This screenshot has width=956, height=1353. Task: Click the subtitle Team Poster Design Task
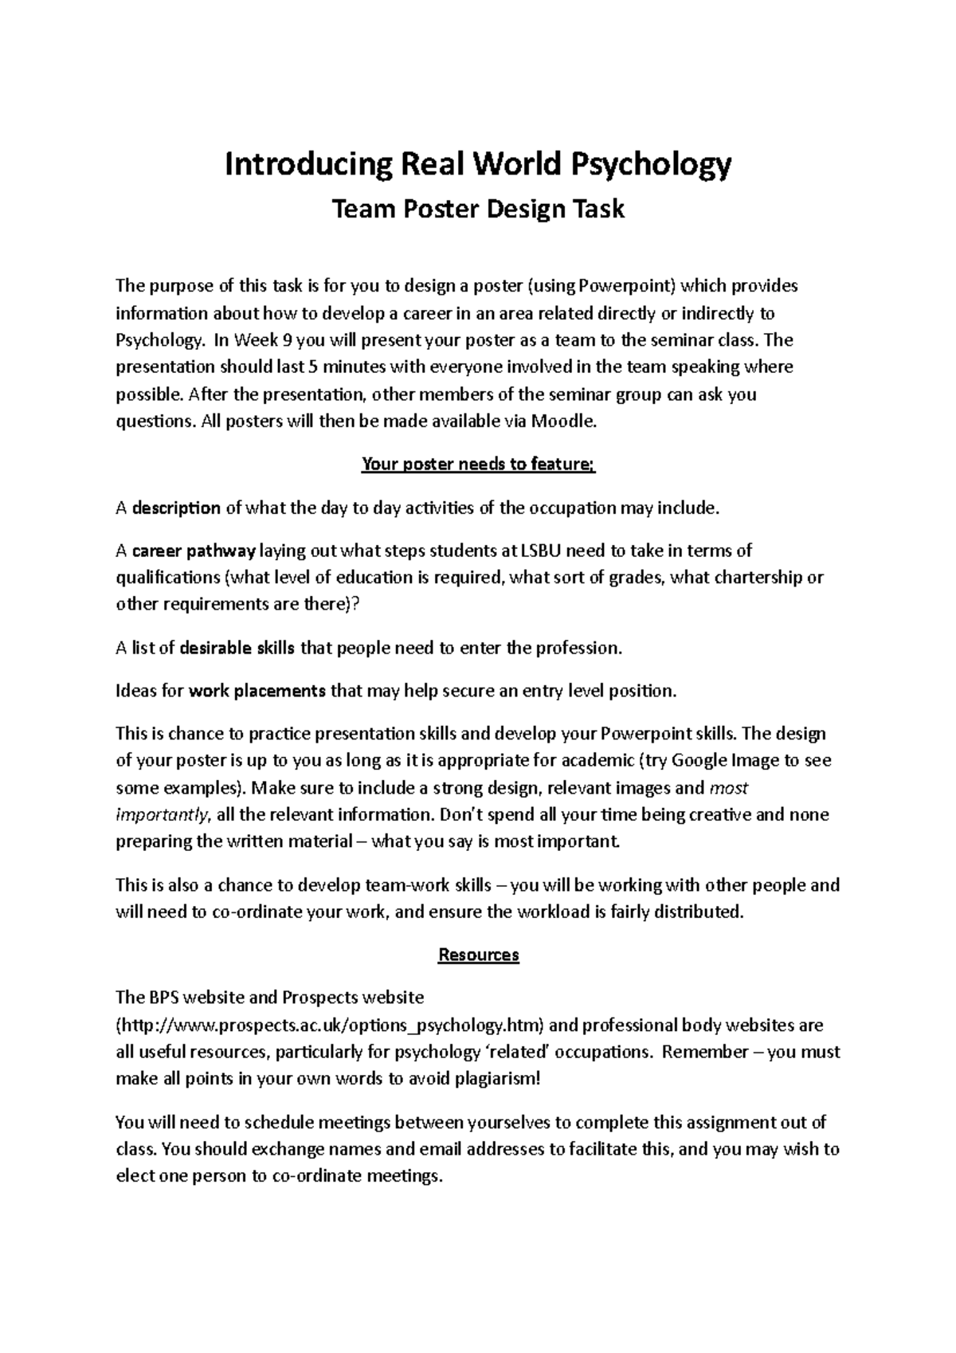coord(478,210)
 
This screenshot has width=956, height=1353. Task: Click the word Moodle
coord(567,422)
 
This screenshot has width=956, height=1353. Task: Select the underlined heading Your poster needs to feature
coord(478,465)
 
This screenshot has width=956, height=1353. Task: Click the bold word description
coord(177,508)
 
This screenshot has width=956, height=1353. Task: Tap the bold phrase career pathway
coord(194,551)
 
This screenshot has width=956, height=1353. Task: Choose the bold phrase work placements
coord(257,691)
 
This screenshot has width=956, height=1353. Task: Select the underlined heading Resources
coord(478,955)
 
